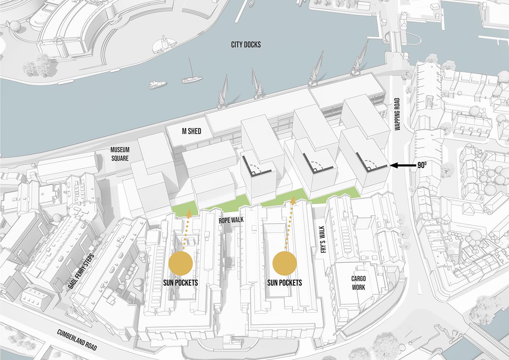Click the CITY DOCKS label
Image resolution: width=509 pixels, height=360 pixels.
coord(246,45)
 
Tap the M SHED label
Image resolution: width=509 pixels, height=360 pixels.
coord(192,131)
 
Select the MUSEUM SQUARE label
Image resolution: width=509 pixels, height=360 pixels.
coord(120,154)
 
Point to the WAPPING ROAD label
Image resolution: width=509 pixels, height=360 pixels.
coord(397,114)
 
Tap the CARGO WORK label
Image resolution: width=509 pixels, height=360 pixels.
coord(358,283)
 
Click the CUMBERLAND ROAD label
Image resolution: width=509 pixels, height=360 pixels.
coord(77,339)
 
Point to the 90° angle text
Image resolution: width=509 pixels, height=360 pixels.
coord(422,165)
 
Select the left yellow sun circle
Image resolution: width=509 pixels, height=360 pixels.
coord(180,263)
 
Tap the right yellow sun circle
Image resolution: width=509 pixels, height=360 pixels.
coord(285,263)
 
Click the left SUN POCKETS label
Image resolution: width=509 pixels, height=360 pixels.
coord(180,282)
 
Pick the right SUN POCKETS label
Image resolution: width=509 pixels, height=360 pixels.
coord(285,282)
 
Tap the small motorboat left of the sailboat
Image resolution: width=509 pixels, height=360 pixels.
coord(158,84)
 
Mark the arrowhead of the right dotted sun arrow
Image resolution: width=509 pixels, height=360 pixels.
coord(293,200)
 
